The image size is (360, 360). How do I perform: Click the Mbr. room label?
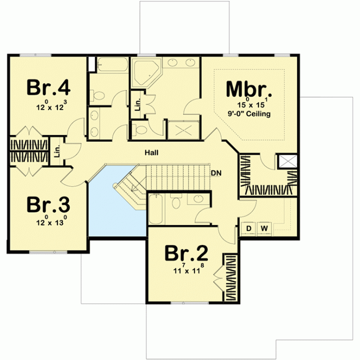pyautogui.click(x=248, y=89)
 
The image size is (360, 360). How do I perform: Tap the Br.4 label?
pyautogui.click(x=48, y=87)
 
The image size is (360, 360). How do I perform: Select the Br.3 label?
pyautogui.click(x=48, y=204)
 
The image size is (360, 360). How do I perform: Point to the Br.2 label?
pyautogui.click(x=186, y=253)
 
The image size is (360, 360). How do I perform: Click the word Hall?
pyautogui.click(x=151, y=152)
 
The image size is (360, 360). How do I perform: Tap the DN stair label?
pyautogui.click(x=216, y=173)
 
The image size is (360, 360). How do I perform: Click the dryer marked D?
pyautogui.click(x=248, y=228)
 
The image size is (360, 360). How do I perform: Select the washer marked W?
pyautogui.click(x=264, y=228)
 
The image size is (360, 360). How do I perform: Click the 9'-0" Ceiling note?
pyautogui.click(x=249, y=113)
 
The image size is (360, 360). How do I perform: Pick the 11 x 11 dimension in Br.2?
pyautogui.click(x=188, y=269)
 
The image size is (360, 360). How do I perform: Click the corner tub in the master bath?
pyautogui.click(x=146, y=73)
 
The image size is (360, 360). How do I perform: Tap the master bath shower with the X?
pyautogui.click(x=183, y=130)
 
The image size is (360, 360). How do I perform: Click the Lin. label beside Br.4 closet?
pyautogui.click(x=57, y=151)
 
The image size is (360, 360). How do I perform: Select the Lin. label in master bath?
pyautogui.click(x=137, y=104)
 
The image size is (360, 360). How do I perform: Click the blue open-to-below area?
pyautogui.click(x=110, y=209)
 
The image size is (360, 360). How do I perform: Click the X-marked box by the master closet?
pyautogui.click(x=287, y=161)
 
